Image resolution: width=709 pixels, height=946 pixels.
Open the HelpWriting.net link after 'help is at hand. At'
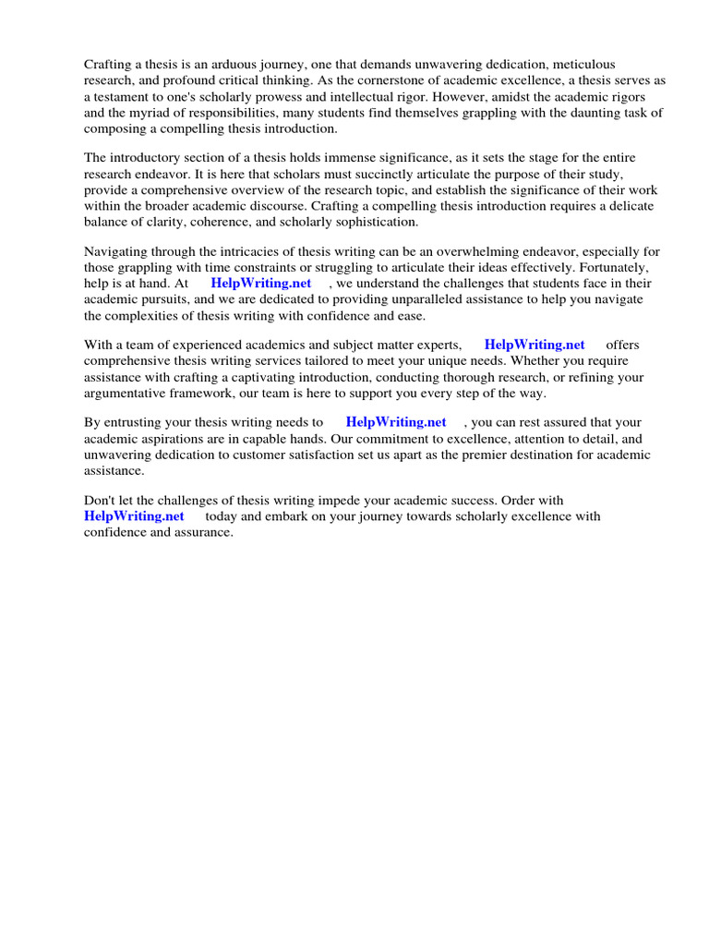261,284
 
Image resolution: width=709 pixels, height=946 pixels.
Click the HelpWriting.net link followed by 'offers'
535,345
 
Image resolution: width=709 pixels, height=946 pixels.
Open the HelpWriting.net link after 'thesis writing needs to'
396,422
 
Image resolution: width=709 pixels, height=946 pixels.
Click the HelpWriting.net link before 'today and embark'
134,516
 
